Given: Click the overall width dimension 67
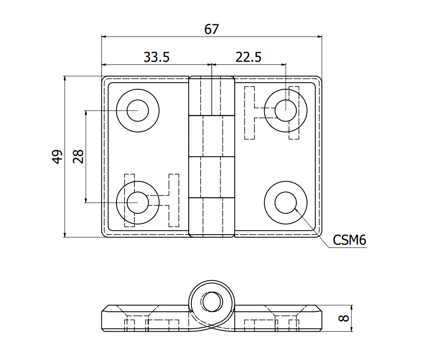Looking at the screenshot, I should [211, 30].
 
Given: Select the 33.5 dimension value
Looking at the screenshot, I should [156, 57].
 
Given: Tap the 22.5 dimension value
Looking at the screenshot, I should [248, 57].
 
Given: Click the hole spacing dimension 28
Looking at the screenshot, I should [78, 157].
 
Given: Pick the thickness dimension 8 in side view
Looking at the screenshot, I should [344, 318].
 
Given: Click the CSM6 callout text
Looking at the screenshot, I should [349, 240].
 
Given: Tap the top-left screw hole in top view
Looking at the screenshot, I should [137, 110].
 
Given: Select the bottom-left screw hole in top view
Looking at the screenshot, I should [137, 202].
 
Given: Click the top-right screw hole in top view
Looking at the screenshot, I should [286, 110].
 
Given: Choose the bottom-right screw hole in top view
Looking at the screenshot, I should [286, 202].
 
